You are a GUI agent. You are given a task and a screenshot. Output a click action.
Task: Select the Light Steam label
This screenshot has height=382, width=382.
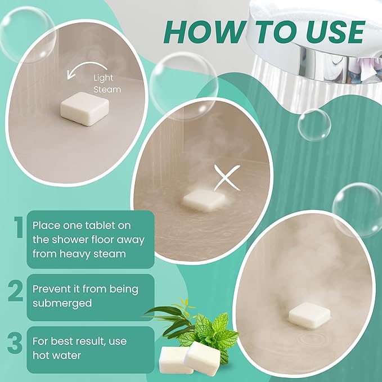click(x=107, y=84)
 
